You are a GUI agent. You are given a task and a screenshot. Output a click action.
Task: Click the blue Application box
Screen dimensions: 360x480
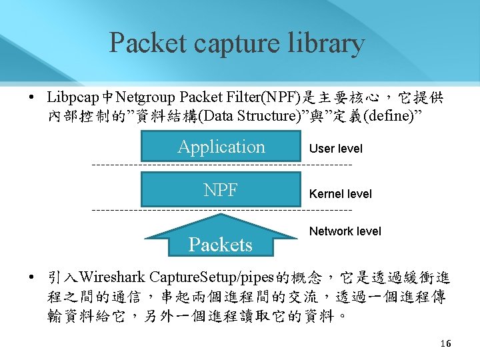(221, 147)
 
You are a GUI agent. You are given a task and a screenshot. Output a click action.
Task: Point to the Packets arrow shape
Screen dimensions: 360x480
(221, 240)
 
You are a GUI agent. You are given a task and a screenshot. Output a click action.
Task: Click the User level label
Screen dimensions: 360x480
(336, 149)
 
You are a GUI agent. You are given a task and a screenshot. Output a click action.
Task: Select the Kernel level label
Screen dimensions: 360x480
(341, 194)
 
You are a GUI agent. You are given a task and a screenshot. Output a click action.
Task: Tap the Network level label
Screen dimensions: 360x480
(345, 231)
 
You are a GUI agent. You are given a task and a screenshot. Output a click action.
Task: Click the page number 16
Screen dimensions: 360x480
(445, 344)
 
